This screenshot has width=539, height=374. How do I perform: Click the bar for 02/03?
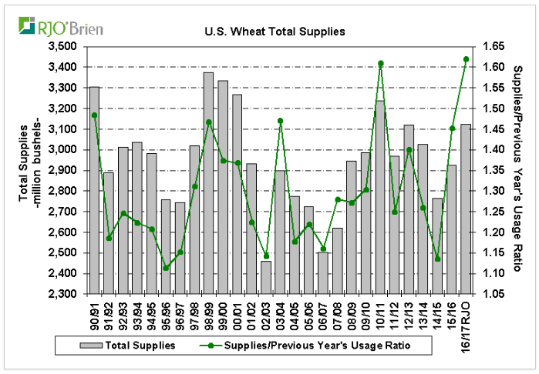(265, 278)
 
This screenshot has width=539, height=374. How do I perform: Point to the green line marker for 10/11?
(380, 63)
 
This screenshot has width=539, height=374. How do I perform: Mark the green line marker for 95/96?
(166, 268)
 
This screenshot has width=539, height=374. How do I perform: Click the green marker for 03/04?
(280, 121)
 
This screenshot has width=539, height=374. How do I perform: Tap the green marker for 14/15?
(438, 259)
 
